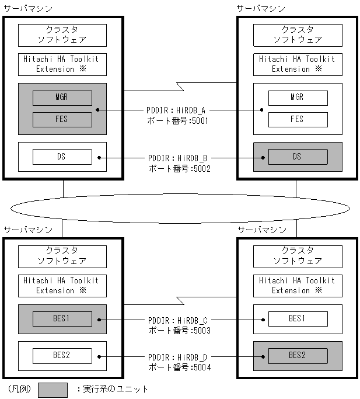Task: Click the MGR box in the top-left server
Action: [x=62, y=98]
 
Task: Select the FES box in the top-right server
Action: [x=298, y=120]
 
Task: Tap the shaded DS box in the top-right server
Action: [x=298, y=157]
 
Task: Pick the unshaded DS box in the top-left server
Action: [x=62, y=157]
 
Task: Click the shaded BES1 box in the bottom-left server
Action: [x=62, y=318]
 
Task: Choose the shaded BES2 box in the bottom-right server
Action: [x=298, y=355]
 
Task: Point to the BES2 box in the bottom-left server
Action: [x=62, y=355]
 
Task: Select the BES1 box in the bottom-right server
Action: [x=298, y=318]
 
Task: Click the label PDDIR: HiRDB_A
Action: [x=178, y=110]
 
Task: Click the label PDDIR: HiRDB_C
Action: [x=178, y=320]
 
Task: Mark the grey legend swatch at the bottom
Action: [x=53, y=389]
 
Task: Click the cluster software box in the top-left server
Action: [x=62, y=35]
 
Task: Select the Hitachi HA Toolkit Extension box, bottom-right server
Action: [x=298, y=285]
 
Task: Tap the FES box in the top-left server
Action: [x=62, y=120]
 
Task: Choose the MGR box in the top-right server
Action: [x=298, y=98]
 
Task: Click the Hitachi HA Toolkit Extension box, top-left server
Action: [x=62, y=64]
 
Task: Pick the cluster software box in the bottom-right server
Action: [x=298, y=256]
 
